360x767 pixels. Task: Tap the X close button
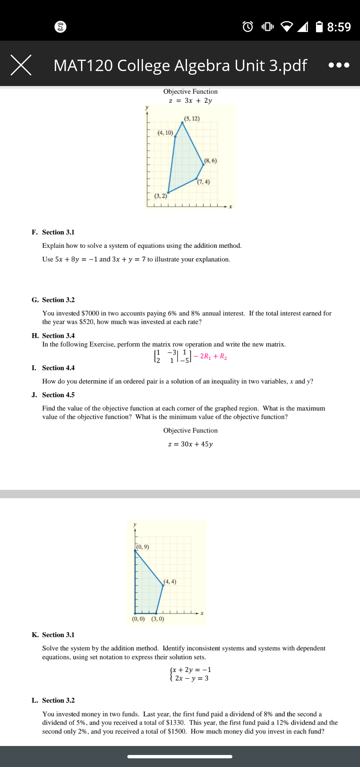coord(21,65)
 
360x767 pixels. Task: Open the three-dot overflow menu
coord(339,65)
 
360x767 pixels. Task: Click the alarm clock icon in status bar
coord(248,27)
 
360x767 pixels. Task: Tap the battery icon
coord(319,27)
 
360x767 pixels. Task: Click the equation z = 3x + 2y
coord(190,100)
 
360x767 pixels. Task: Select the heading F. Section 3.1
coord(53,232)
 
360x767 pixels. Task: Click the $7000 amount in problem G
coord(90,313)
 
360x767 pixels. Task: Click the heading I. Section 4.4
coord(53,368)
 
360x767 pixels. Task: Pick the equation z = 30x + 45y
coord(190,444)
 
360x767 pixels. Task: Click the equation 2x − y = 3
coord(192,678)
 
